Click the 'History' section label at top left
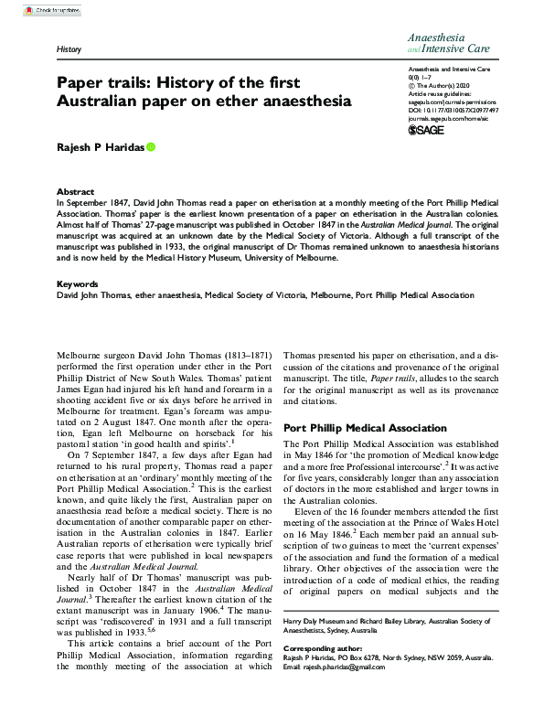69,47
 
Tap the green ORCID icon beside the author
151,146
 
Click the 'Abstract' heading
75,192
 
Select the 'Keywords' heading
78,284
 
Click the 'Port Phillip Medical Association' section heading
366,428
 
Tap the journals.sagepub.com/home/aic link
453,116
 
